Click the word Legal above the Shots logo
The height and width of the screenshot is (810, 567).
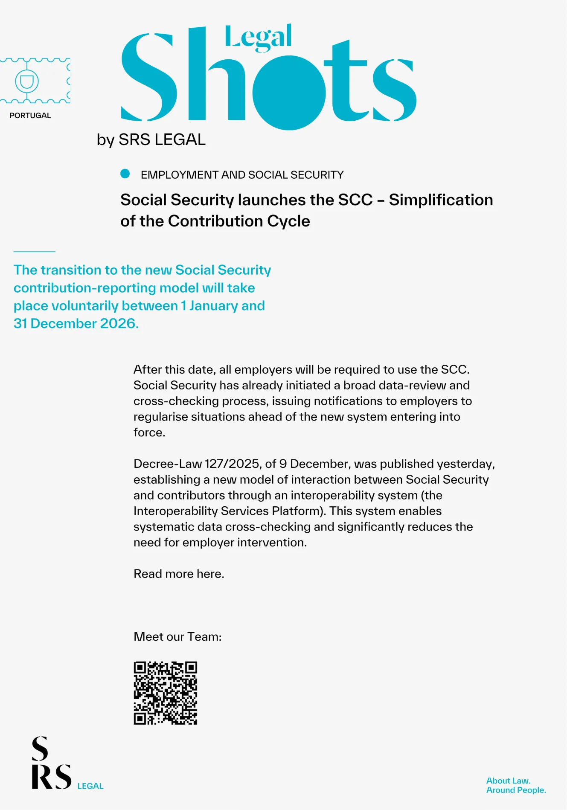pyautogui.click(x=258, y=38)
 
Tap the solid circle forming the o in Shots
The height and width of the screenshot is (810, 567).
pyautogui.click(x=289, y=93)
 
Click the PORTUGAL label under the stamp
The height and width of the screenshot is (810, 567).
pyautogui.click(x=30, y=116)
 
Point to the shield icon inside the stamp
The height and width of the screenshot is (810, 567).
pyautogui.click(x=27, y=81)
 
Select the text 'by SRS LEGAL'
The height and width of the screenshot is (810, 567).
pyautogui.click(x=151, y=139)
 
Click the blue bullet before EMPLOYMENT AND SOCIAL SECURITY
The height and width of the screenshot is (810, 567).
pyautogui.click(x=125, y=174)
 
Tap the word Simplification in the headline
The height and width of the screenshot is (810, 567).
pyautogui.click(x=441, y=200)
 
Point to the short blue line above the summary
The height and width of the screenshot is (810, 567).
pyautogui.click(x=34, y=252)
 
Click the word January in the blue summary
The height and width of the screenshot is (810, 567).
pyautogui.click(x=214, y=305)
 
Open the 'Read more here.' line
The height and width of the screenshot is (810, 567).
pyautogui.click(x=179, y=574)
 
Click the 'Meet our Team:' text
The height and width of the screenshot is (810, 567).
pyautogui.click(x=177, y=636)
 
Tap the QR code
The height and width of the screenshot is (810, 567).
pyautogui.click(x=166, y=693)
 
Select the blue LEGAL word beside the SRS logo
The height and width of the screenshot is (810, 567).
pyautogui.click(x=90, y=786)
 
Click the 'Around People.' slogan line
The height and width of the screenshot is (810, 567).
pyautogui.click(x=516, y=790)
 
